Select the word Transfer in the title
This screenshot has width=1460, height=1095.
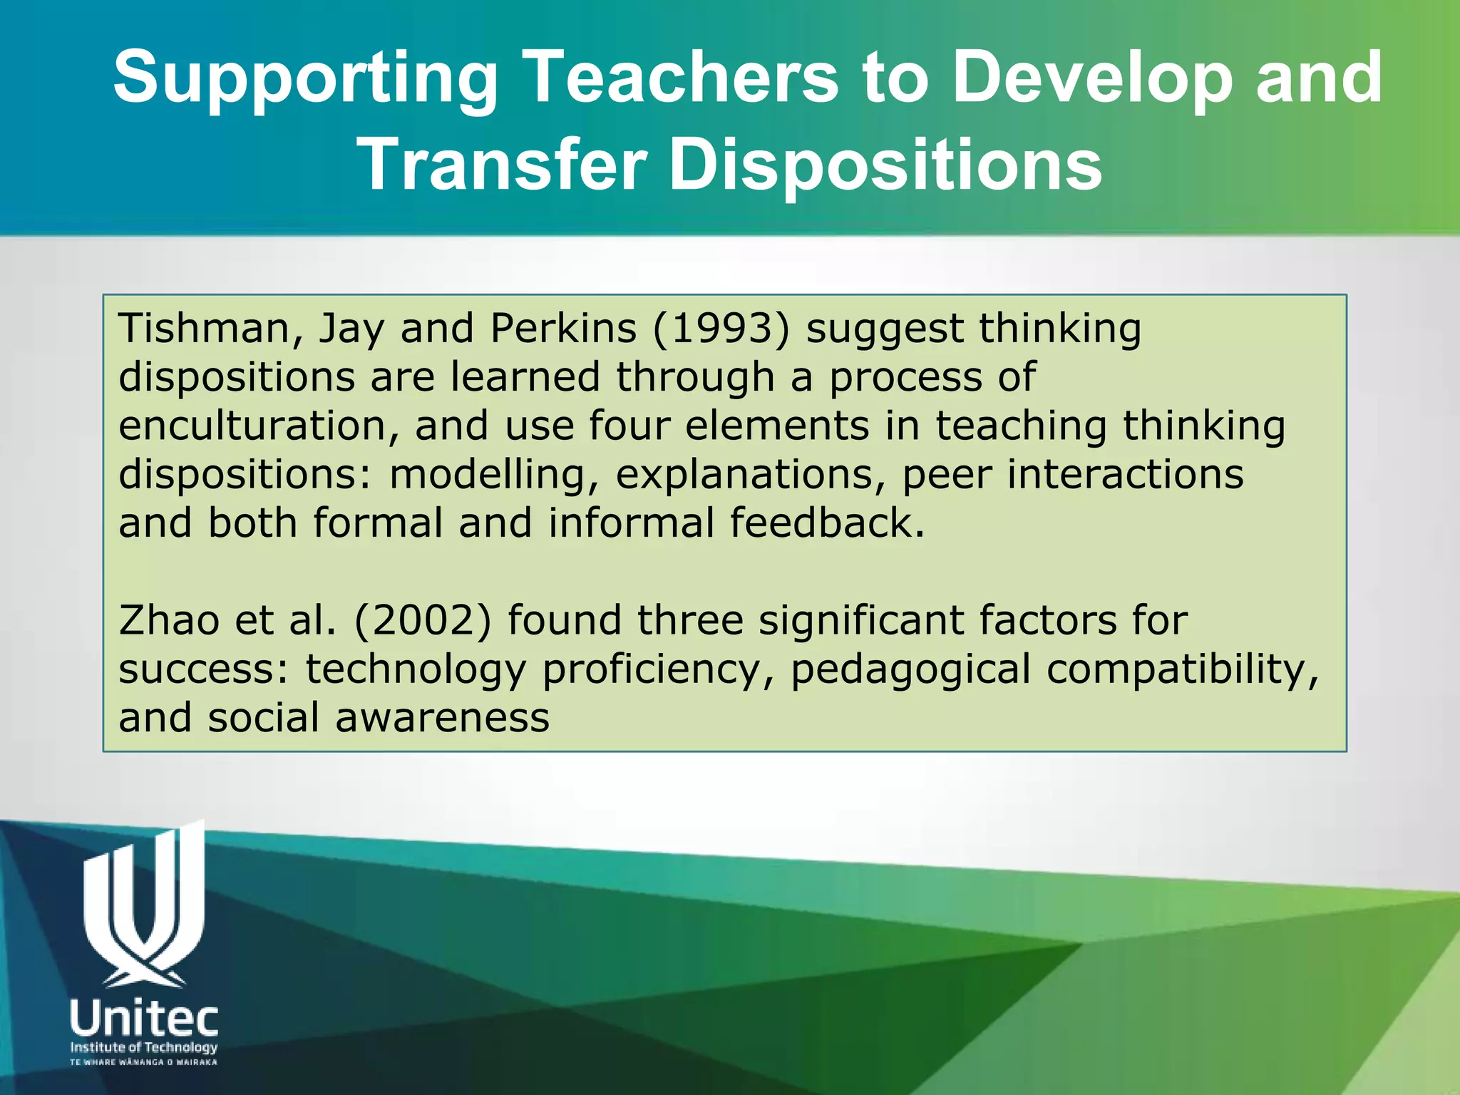point(504,165)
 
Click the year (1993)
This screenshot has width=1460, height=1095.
point(721,329)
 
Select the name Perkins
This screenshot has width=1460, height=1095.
point(563,329)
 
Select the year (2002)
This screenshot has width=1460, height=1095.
point(423,620)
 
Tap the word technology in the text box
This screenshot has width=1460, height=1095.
point(416,670)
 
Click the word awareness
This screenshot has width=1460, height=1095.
point(442,718)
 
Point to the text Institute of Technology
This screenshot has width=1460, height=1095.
point(144,1047)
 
